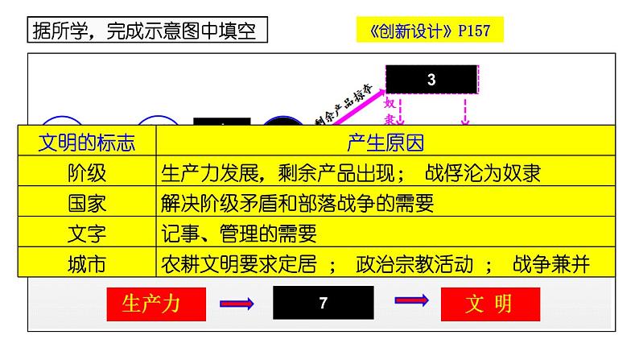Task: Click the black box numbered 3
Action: point(432,80)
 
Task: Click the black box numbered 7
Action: point(323,304)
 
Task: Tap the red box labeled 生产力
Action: point(153,304)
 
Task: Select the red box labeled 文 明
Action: point(489,304)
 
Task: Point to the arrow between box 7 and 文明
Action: point(411,300)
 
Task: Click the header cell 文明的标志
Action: point(87,143)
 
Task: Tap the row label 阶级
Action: point(87,173)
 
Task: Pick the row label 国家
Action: point(87,203)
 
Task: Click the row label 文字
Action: point(87,234)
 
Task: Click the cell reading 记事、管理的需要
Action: point(239,234)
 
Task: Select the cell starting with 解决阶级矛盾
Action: point(297,203)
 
